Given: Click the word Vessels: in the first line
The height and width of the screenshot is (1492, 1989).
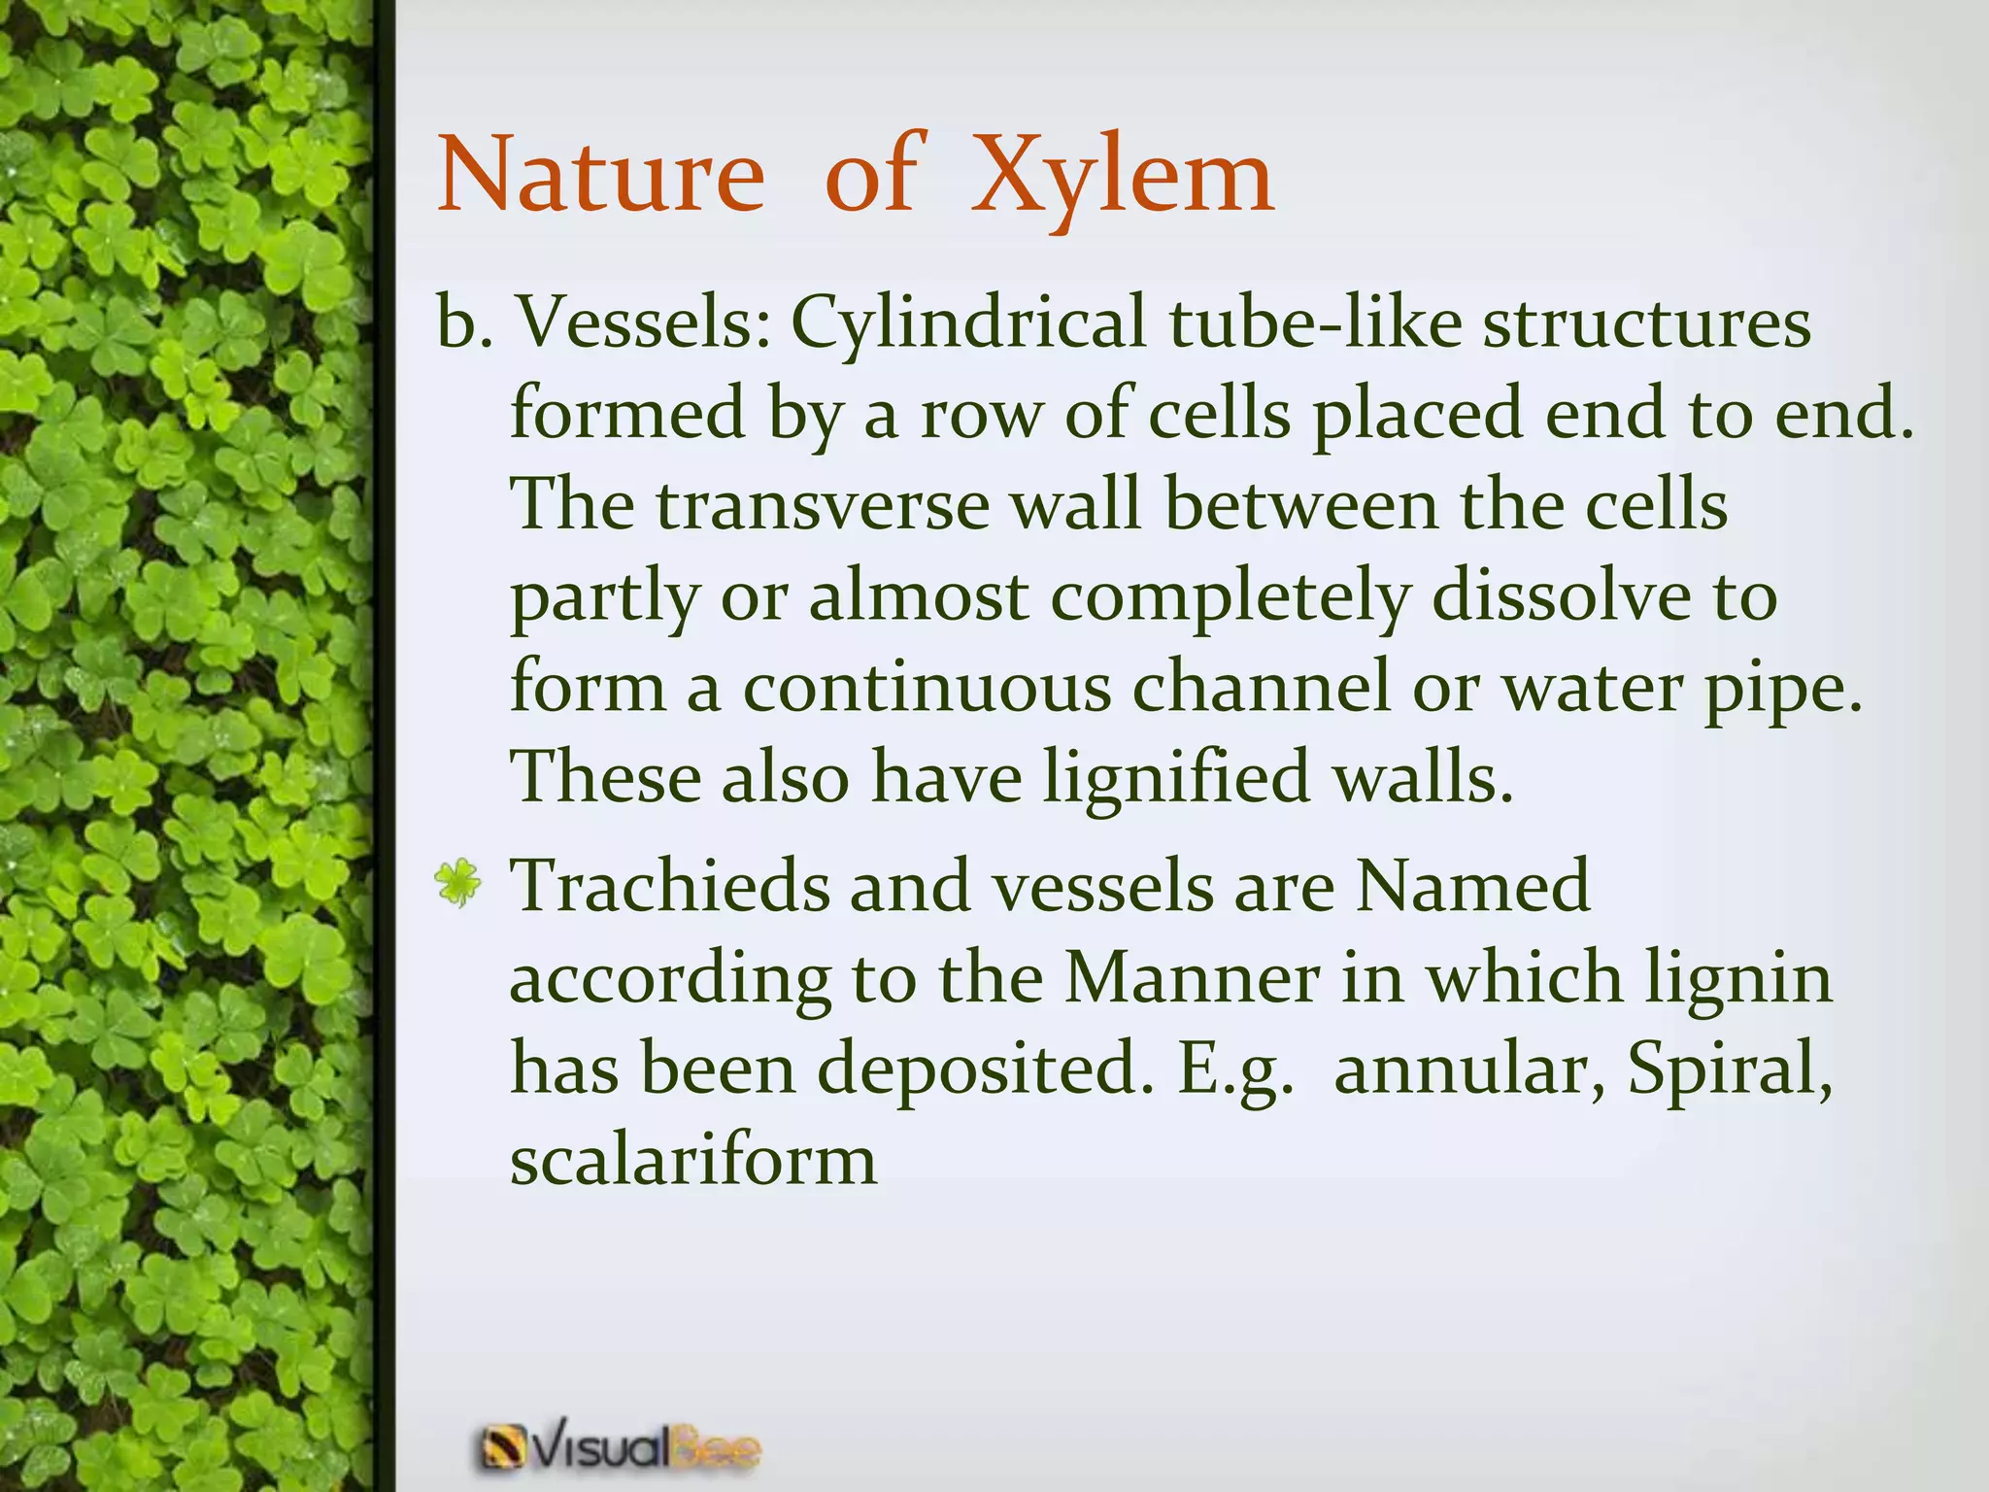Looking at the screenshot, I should tap(641, 322).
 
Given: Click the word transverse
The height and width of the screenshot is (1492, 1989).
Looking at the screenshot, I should tap(822, 506).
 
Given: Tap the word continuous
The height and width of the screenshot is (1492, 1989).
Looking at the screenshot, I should tap(927, 687).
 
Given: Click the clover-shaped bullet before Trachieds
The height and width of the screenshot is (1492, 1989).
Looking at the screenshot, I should tap(457, 884).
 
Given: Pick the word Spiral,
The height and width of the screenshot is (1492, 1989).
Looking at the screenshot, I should tap(1730, 1069).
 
